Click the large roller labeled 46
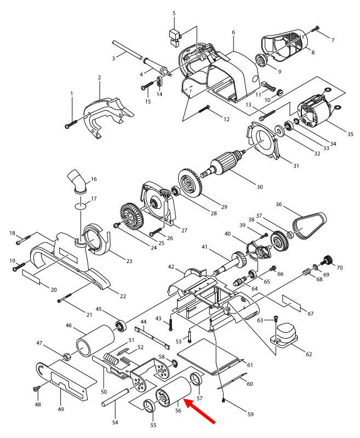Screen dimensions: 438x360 pyautogui.click(x=94, y=340)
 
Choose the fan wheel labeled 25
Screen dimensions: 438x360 pyautogui.click(x=130, y=214)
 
